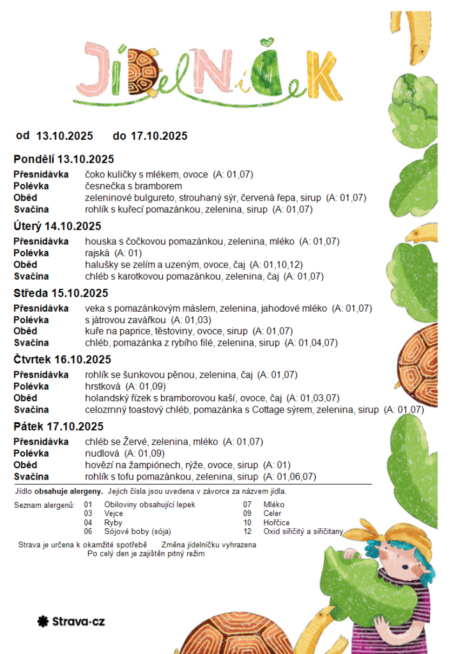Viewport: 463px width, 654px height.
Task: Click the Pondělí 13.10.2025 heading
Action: pyautogui.click(x=63, y=159)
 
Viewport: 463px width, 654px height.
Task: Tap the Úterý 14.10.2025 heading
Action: pyautogui.click(x=57, y=226)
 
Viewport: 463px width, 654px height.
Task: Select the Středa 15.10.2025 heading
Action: pyautogui.click(x=61, y=293)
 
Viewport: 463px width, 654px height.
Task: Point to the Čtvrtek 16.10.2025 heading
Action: pyautogui.click(x=62, y=360)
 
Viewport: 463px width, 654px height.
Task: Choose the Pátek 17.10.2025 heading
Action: pyautogui.click(x=58, y=427)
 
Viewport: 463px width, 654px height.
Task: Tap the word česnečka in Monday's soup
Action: pyautogui.click(x=105, y=186)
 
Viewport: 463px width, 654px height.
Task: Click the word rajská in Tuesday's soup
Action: pyautogui.click(x=98, y=253)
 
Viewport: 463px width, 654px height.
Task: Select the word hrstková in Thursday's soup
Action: pyautogui.click(x=103, y=386)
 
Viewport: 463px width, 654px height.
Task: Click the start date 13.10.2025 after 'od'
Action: pyautogui.click(x=65, y=135)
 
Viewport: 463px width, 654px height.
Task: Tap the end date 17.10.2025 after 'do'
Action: pyautogui.click(x=159, y=135)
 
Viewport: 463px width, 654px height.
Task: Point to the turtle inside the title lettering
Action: pyautogui.click(x=140, y=72)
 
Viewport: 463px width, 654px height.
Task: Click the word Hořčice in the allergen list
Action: pyautogui.click(x=277, y=522)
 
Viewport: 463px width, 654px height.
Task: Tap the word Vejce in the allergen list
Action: pyautogui.click(x=114, y=513)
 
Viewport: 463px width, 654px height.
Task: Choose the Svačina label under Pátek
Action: pyautogui.click(x=31, y=476)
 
